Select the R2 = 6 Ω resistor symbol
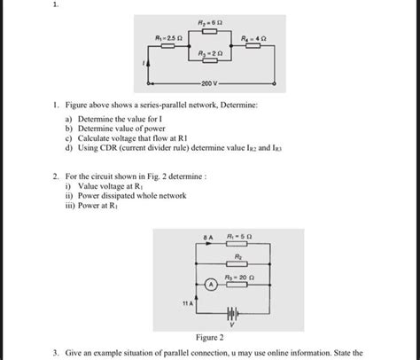[210, 30]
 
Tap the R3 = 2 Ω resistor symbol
[210, 64]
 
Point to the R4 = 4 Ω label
[255, 38]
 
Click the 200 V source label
[209, 85]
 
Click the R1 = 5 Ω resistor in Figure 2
[240, 247]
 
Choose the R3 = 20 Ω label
[241, 276]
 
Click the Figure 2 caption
[209, 338]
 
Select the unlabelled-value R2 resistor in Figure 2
[240, 264]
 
